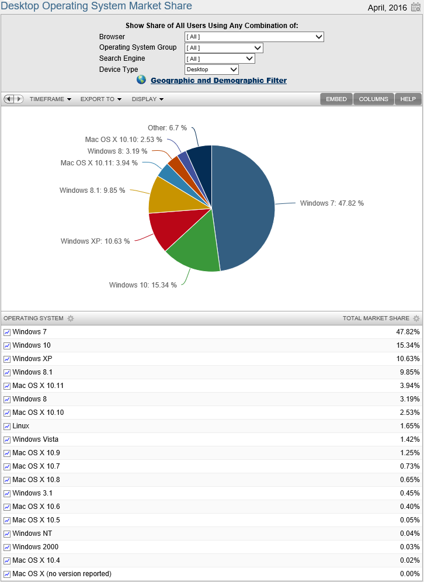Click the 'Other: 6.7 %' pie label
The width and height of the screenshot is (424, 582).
point(167,128)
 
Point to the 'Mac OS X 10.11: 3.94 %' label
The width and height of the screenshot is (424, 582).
point(99,163)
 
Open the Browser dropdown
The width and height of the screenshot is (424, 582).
point(254,37)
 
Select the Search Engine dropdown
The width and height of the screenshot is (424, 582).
point(220,58)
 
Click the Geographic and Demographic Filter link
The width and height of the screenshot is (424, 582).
point(218,81)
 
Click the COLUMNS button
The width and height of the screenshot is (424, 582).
point(373,99)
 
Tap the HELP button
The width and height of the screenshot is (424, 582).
point(408,99)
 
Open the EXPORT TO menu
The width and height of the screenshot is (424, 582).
point(100,99)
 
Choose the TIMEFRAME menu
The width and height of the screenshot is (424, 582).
point(50,99)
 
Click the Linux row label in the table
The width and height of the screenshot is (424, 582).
point(21,426)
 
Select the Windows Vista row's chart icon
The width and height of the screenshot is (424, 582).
point(7,439)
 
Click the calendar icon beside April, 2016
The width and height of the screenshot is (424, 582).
point(415,7)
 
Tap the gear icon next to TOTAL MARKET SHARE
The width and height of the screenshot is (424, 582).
point(416,318)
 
